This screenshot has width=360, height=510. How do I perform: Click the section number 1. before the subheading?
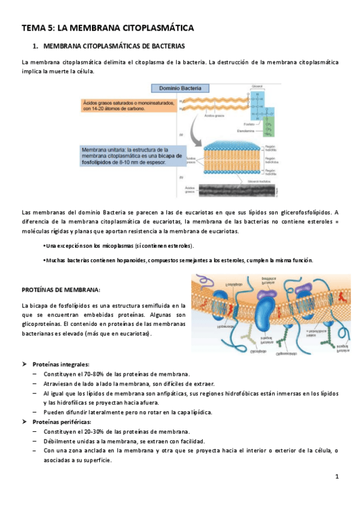pos(35,46)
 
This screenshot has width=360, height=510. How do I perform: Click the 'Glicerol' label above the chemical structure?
pos(257,85)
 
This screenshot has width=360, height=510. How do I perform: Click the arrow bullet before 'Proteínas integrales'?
pos(25,364)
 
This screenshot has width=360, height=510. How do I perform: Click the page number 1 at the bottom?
pos(337,478)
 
